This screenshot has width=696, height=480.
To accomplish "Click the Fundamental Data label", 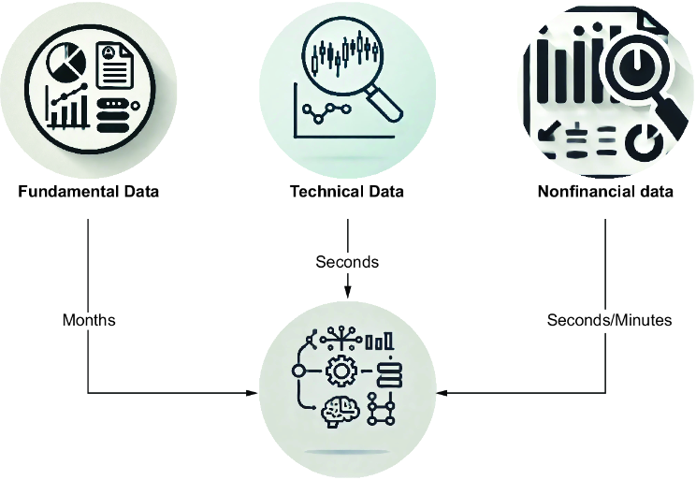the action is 88,192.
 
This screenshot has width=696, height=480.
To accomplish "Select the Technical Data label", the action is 347,192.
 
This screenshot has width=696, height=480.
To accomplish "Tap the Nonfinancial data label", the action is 605,192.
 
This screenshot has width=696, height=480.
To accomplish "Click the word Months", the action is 89,320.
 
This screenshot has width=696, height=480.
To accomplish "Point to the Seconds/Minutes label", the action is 609,320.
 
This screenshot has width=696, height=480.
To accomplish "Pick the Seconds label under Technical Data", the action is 347,262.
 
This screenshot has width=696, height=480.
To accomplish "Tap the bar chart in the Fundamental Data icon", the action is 67,107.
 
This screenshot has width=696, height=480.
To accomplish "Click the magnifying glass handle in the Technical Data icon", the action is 384,103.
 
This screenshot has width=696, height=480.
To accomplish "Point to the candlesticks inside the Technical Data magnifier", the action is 345,53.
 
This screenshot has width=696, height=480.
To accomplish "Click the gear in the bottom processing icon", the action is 341,371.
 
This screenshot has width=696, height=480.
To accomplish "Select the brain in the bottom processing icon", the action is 340,411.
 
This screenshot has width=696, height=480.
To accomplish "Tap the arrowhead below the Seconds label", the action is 348,292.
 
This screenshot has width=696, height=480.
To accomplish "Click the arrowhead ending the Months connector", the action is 253,393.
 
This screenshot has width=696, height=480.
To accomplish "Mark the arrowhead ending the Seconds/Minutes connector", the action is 442,393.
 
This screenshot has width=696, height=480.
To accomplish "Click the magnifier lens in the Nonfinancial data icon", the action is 637,66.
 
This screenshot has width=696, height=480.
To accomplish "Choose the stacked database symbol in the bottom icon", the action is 389,375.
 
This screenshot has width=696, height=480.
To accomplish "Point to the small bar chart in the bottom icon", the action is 380,342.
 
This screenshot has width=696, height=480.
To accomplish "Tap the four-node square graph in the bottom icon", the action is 381,409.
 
